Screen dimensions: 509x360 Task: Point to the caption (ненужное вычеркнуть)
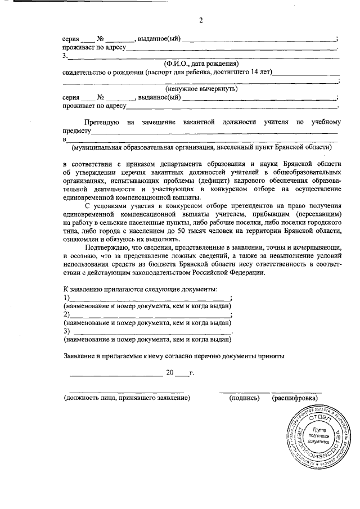point(201,89)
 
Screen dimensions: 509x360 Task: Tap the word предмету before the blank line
point(78,130)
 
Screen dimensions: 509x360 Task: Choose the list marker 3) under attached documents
point(66,331)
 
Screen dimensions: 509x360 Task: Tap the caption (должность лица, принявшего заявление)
point(127,398)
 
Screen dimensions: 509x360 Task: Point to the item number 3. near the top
point(65,56)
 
